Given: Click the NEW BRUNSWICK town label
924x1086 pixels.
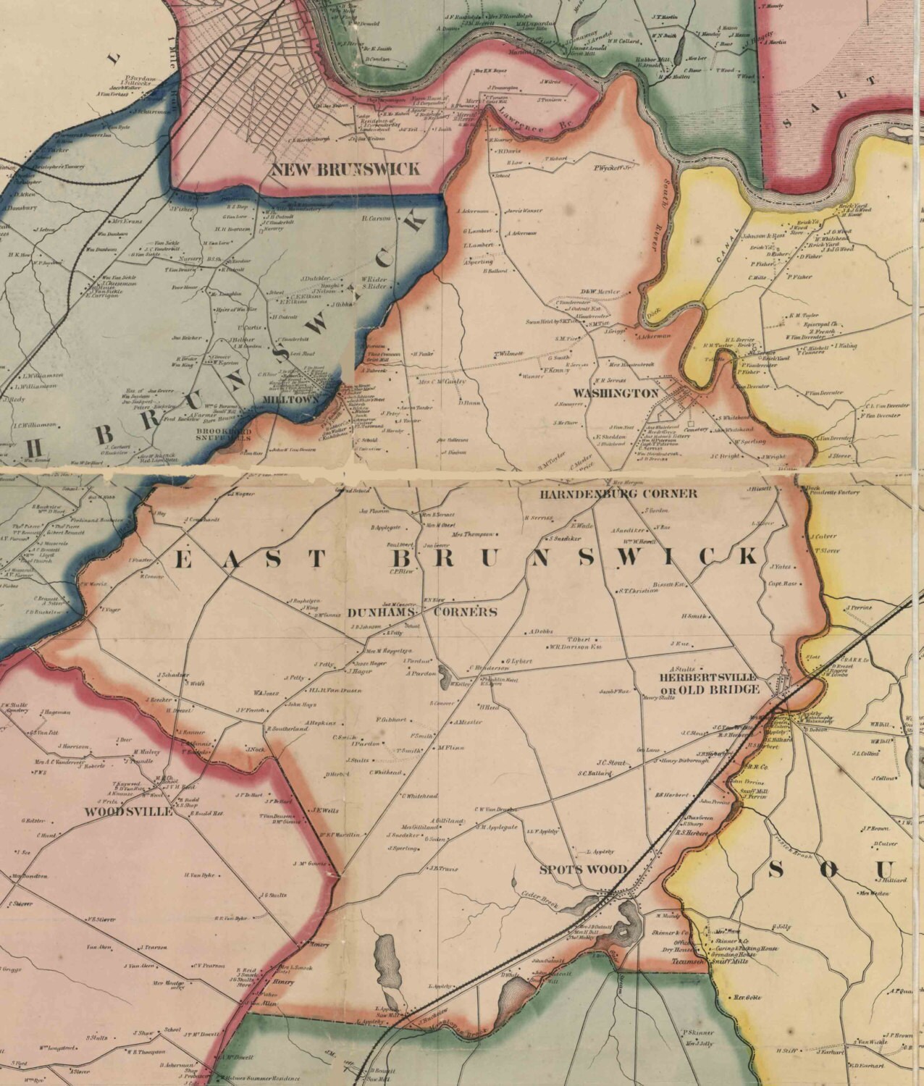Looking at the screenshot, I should [x=345, y=169].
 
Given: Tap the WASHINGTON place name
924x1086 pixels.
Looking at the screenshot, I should [x=616, y=393].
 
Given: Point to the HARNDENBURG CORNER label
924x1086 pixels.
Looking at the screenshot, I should [x=618, y=494].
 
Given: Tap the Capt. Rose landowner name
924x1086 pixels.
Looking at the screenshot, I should [x=782, y=584].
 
